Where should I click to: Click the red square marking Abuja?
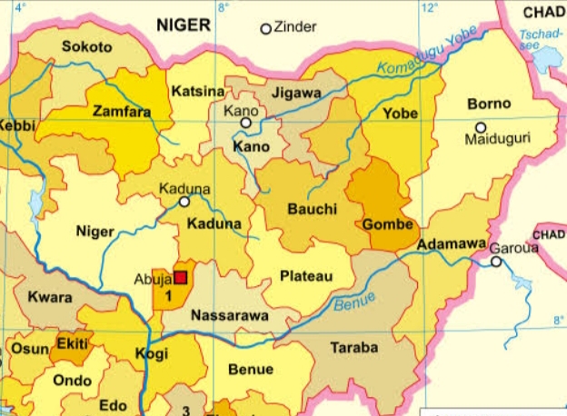pos(181,277)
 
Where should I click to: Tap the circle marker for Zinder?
pos(266,28)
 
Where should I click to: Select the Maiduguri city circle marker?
pos(481,127)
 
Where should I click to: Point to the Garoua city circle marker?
pos(496,262)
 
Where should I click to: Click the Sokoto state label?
pos(87,47)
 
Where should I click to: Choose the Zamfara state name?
pos(122,111)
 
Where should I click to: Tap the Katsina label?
pos(197,92)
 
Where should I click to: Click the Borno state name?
pos(489,104)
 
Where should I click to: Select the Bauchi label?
pos(312,209)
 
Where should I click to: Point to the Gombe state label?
pos(388,224)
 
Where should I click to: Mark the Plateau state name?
pos(306,275)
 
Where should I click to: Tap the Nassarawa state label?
pos(228,316)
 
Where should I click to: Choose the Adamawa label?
pos(447,245)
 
